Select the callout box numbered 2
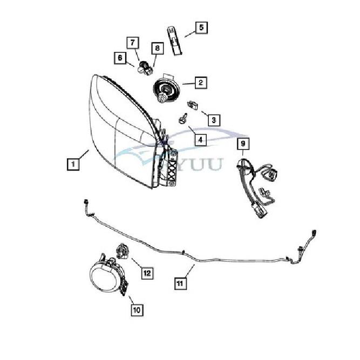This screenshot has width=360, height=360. [x=200, y=83]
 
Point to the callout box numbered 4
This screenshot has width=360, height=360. [x=200, y=140]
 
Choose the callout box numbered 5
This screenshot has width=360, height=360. [x=200, y=26]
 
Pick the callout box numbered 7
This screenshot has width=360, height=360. [x=133, y=42]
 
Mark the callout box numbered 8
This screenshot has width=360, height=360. [x=157, y=49]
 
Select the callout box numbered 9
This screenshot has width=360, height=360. [x=243, y=144]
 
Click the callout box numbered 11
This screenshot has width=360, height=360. [x=181, y=282]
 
